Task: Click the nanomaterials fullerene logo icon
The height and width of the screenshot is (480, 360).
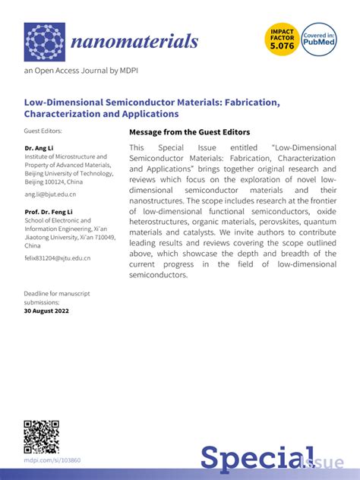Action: tap(44, 42)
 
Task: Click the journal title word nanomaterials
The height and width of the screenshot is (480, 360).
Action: tap(134, 41)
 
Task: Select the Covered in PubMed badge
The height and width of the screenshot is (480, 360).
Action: tap(320, 41)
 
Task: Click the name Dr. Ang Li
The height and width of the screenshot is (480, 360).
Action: tap(39, 147)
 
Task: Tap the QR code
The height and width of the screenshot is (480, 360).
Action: tap(41, 437)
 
